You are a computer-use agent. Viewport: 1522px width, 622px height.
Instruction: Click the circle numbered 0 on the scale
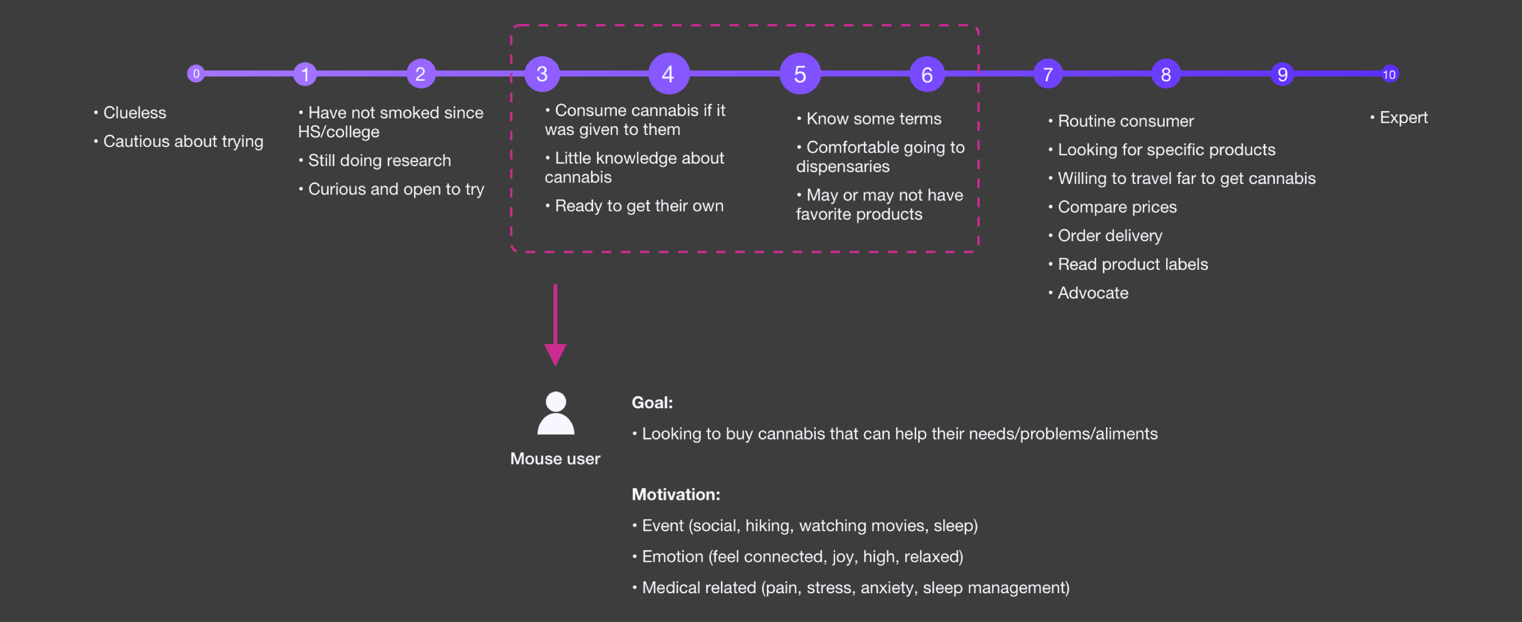tap(196, 74)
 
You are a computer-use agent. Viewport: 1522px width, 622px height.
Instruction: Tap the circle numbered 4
tap(669, 74)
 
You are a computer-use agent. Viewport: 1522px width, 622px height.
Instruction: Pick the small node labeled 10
tap(1390, 74)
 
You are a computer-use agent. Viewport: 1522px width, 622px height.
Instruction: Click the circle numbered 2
tap(421, 74)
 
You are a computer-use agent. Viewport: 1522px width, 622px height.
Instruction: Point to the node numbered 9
tap(1283, 74)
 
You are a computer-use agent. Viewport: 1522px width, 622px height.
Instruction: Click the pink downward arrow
tap(555, 325)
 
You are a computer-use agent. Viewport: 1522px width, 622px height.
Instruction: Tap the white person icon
tap(555, 413)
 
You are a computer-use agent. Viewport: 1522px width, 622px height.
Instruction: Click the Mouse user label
tap(555, 459)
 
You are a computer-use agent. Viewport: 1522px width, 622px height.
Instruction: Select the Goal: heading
tap(652, 403)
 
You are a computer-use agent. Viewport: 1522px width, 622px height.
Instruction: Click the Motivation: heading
tap(676, 495)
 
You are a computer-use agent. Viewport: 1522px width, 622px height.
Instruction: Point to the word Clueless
tap(135, 112)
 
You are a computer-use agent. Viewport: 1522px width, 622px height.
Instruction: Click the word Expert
tap(1404, 117)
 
